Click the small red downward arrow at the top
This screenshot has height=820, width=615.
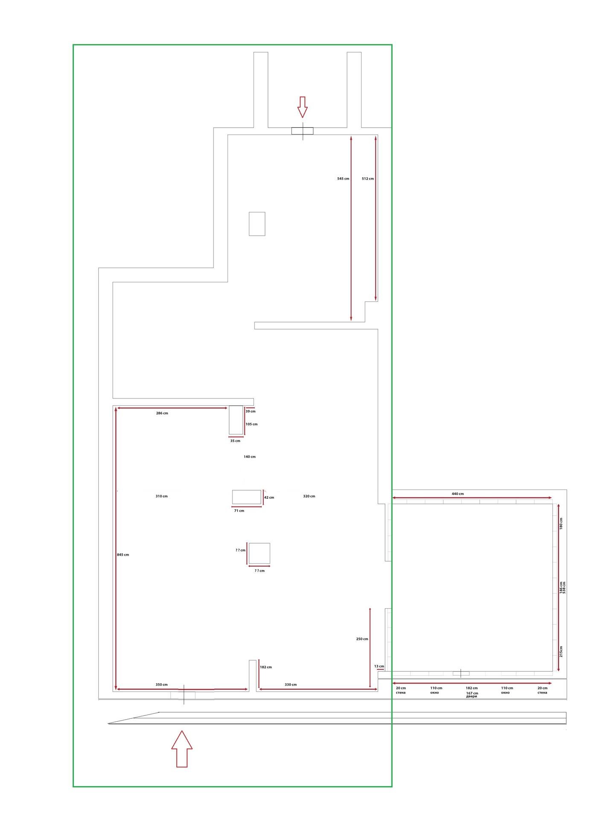[x=303, y=107]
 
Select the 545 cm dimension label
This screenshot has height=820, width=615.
[x=343, y=179]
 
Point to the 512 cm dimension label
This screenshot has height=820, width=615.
[x=367, y=179]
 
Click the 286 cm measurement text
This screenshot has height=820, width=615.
[x=162, y=413]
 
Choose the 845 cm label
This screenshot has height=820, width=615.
[x=123, y=555]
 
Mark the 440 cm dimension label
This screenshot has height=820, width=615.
[x=458, y=494]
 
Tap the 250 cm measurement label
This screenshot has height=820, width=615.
[x=362, y=639]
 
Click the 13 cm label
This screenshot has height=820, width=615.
[x=379, y=666]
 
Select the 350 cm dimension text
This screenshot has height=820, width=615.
[x=162, y=685]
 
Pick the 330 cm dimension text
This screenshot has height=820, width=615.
[x=291, y=685]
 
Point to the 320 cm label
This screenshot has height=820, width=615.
[x=309, y=496]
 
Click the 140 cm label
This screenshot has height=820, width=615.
[x=250, y=457]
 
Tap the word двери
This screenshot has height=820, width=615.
[x=472, y=697]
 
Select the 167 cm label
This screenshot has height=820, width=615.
[x=472, y=693]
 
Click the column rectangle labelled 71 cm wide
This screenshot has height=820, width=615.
[x=246, y=497]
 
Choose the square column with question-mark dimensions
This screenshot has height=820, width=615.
[x=259, y=553]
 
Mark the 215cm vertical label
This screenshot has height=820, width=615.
[x=561, y=651]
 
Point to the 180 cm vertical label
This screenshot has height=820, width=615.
[x=561, y=524]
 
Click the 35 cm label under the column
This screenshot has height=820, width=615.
[x=235, y=441]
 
